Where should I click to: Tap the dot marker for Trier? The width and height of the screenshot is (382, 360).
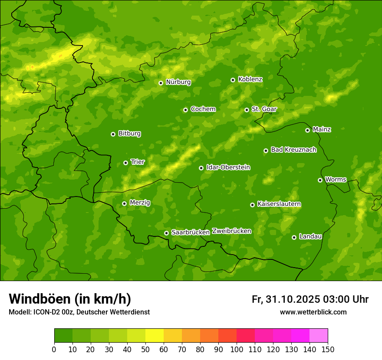(125, 163)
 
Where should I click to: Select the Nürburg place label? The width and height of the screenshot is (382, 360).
(178, 82)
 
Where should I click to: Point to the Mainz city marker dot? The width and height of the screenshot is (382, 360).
(307, 130)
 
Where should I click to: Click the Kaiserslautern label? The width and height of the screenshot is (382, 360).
(279, 204)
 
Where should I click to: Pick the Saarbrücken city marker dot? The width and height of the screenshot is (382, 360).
(166, 233)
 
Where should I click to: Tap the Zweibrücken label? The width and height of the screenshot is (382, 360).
(231, 231)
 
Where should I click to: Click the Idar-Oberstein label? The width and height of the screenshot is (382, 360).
(228, 167)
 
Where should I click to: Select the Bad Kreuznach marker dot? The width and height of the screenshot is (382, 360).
(266, 151)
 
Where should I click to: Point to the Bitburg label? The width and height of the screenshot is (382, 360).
(129, 134)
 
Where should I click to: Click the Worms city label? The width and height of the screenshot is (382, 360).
(336, 180)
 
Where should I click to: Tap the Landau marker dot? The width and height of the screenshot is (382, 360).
(294, 237)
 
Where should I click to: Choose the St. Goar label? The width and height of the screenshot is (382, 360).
(264, 109)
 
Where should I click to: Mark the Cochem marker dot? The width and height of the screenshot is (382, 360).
(185, 110)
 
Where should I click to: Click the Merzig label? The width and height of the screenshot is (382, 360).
(140, 203)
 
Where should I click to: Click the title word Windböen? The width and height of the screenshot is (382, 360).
(40, 299)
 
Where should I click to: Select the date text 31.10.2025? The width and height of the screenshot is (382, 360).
(292, 299)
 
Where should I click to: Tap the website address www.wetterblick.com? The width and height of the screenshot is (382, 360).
(313, 312)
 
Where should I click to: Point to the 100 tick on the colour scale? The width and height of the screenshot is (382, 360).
(237, 349)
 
